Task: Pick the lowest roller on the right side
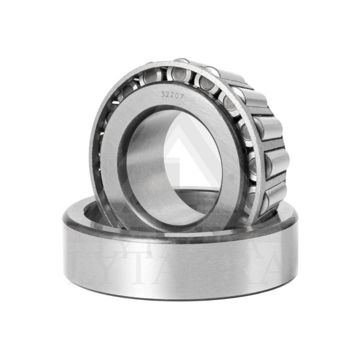[x=276, y=193]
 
